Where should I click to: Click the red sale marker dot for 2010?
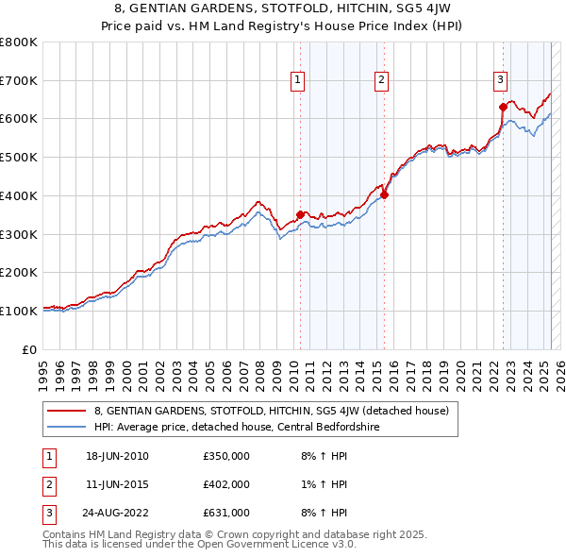(x=300, y=214)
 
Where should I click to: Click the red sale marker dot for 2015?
(x=385, y=195)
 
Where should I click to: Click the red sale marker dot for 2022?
(x=503, y=107)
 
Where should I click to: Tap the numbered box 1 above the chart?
(x=297, y=81)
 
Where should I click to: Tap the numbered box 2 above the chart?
(x=381, y=81)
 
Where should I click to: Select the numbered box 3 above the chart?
(x=500, y=81)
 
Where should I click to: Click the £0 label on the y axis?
(x=30, y=349)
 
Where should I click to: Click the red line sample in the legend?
(x=66, y=411)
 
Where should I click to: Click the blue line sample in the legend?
(x=66, y=427)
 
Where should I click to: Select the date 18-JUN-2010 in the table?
(x=117, y=456)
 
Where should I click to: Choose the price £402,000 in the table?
(x=226, y=484)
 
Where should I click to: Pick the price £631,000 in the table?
(x=226, y=513)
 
